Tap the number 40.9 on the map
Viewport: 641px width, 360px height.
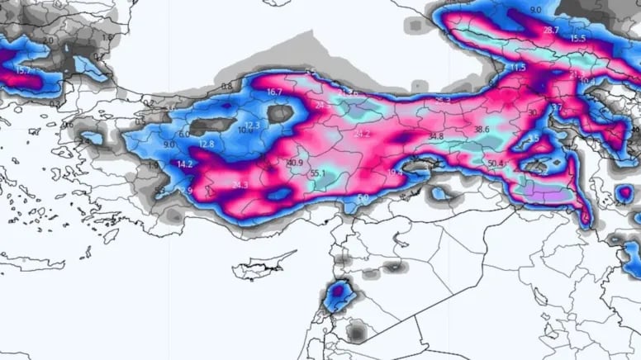pyautogui.click(x=295, y=163)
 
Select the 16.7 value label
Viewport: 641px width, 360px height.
pyautogui.click(x=275, y=92)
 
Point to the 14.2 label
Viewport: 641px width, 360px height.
pyautogui.click(x=185, y=164)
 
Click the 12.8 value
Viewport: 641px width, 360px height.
pyautogui.click(x=207, y=144)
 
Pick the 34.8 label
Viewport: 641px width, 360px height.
pyautogui.click(x=436, y=135)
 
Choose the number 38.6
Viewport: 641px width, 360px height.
pyautogui.click(x=482, y=130)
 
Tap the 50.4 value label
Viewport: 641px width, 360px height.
pyautogui.click(x=496, y=163)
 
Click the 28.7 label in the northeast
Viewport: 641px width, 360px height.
pyautogui.click(x=552, y=31)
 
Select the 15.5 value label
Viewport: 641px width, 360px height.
pyautogui.click(x=577, y=39)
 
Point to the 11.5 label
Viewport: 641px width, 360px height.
pyautogui.click(x=518, y=67)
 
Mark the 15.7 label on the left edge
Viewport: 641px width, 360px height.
pyautogui.click(x=23, y=71)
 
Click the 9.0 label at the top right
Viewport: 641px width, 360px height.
pyautogui.click(x=536, y=10)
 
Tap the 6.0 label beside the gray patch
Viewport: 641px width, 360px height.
pyautogui.click(x=184, y=134)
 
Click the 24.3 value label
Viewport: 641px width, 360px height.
pyautogui.click(x=240, y=185)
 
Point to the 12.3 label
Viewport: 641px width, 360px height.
pyautogui.click(x=253, y=125)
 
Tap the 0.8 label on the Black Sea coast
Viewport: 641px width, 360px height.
pyautogui.click(x=227, y=87)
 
